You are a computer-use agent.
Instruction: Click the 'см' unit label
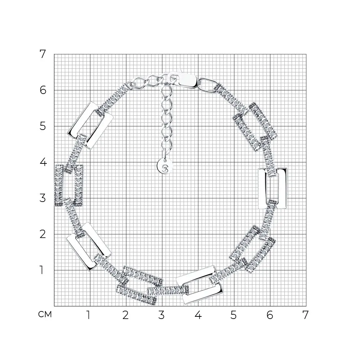click(x=45, y=314)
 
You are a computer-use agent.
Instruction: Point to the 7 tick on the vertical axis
click(x=43, y=54)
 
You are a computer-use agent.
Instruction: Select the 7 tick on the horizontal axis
click(x=305, y=315)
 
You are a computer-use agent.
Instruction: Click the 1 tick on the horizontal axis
click(x=89, y=315)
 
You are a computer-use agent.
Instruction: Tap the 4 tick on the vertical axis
click(x=43, y=162)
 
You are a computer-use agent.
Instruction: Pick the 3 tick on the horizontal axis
click(x=161, y=315)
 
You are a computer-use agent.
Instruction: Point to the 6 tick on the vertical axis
click(x=43, y=90)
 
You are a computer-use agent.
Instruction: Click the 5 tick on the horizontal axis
click(x=233, y=315)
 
